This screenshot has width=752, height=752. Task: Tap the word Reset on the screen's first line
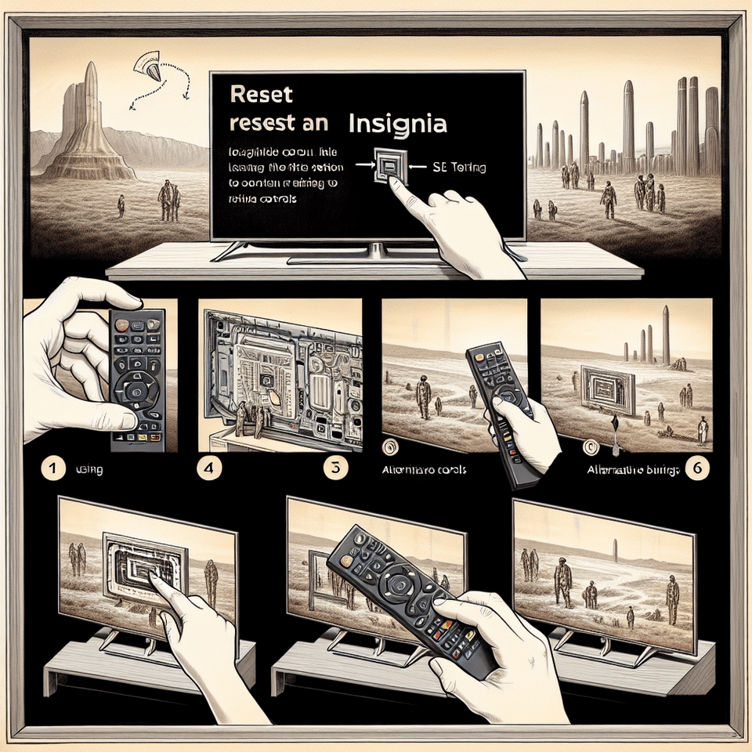pyautogui.click(x=262, y=96)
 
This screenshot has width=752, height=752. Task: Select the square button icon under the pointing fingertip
pyautogui.click(x=389, y=166)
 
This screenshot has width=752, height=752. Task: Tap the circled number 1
pyautogui.click(x=51, y=469)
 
